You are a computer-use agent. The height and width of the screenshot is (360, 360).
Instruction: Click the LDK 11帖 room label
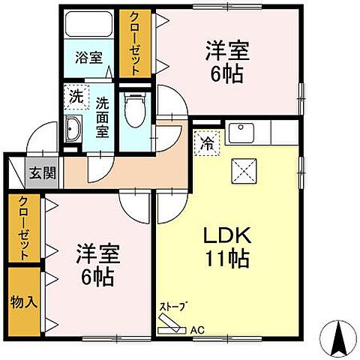226,247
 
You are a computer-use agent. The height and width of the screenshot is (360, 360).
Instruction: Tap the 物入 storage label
22,301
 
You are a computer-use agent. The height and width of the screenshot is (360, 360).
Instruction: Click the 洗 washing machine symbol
76,96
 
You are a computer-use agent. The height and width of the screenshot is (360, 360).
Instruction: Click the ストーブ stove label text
173,307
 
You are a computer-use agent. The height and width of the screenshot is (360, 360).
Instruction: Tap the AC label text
197,328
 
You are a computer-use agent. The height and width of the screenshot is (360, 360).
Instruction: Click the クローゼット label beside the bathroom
136,43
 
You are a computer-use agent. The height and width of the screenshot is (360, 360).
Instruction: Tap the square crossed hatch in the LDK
241,172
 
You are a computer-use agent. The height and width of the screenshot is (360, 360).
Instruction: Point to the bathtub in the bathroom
88,25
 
